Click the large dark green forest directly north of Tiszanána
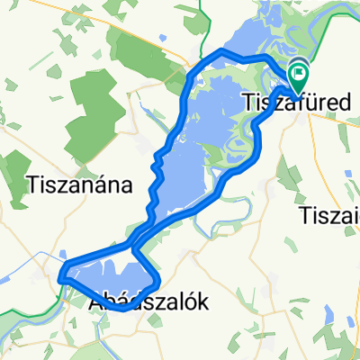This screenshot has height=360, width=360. (94, 108)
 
